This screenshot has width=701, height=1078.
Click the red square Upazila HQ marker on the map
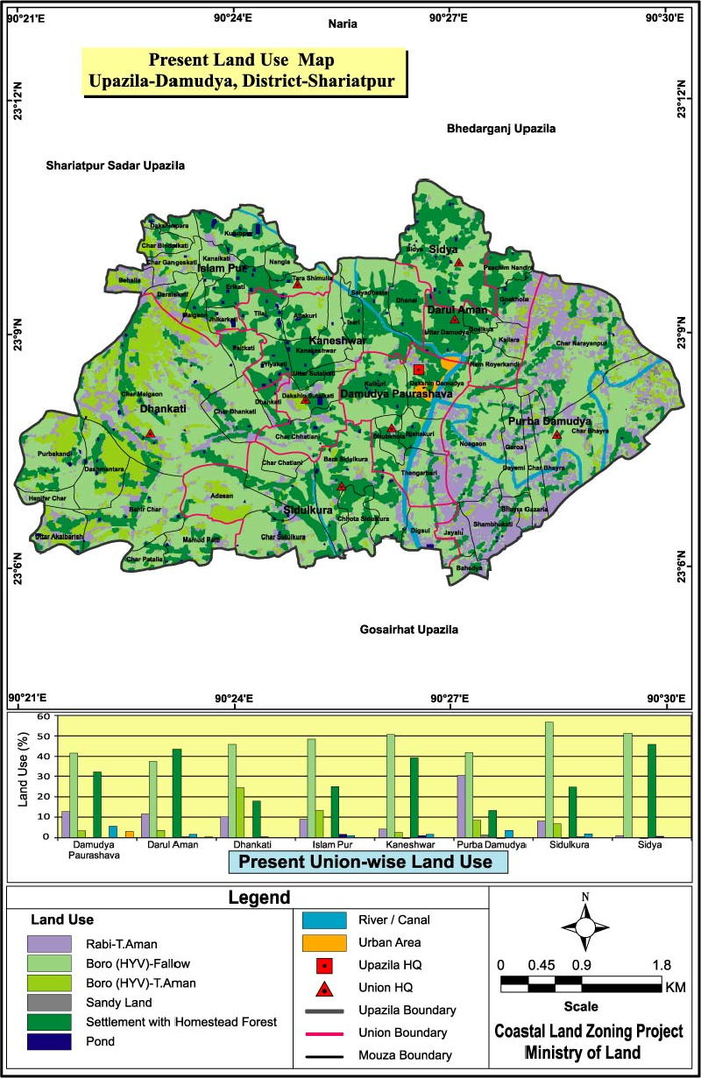point(419,370)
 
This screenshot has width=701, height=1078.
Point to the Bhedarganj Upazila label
point(501,129)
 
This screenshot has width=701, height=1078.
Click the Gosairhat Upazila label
point(409,630)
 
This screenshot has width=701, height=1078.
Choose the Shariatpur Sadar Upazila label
point(116,165)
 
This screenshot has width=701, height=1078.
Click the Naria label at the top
point(343,25)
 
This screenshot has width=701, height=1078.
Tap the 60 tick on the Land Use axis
point(41,715)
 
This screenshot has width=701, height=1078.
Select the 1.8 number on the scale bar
point(662,964)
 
